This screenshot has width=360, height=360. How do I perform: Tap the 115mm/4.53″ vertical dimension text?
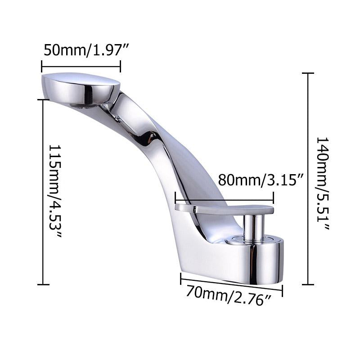click(x=55, y=190)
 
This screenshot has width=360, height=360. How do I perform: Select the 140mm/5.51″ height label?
click(x=323, y=183)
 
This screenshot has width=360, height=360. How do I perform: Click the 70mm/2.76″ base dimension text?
click(x=229, y=296)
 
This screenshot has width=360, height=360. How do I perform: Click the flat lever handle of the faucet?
click(x=224, y=209)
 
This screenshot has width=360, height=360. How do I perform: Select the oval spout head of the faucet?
click(x=81, y=88)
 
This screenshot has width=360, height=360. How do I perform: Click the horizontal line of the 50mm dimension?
click(x=81, y=67)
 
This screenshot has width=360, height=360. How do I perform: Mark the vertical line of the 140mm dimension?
click(x=308, y=179)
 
